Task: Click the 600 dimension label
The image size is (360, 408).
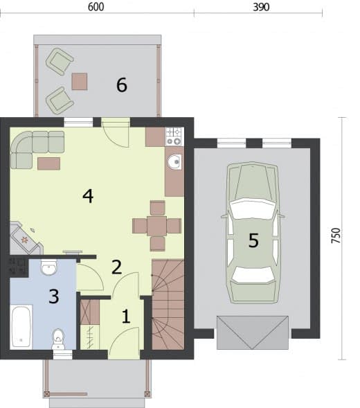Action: [x=96, y=7]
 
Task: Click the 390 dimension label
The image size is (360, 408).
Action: [x=261, y=7]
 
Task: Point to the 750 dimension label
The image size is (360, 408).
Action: [x=336, y=236]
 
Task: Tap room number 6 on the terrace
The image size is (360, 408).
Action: [x=122, y=85]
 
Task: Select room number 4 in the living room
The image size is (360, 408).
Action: [x=88, y=196]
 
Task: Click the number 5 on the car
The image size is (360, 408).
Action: [x=253, y=240]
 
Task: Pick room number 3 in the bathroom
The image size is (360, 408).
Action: [x=54, y=296]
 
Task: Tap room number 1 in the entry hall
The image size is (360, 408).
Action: [x=126, y=317]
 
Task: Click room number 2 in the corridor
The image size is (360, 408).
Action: [x=116, y=267]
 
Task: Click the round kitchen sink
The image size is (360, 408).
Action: [x=174, y=162]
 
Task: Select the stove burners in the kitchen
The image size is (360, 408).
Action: [x=174, y=136]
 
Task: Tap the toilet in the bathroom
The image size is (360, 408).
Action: [x=58, y=339]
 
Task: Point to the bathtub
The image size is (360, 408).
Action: [x=21, y=327]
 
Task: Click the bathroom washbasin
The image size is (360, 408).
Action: [x=48, y=267]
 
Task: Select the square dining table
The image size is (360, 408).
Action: [x=157, y=226]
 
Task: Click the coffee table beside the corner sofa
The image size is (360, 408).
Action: [x=49, y=163]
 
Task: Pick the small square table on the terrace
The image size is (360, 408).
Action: [x=80, y=82]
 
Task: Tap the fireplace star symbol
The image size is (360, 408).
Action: [x=25, y=240]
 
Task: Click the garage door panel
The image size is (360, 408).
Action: [x=253, y=332]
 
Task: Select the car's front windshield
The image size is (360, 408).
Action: [x=253, y=209]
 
